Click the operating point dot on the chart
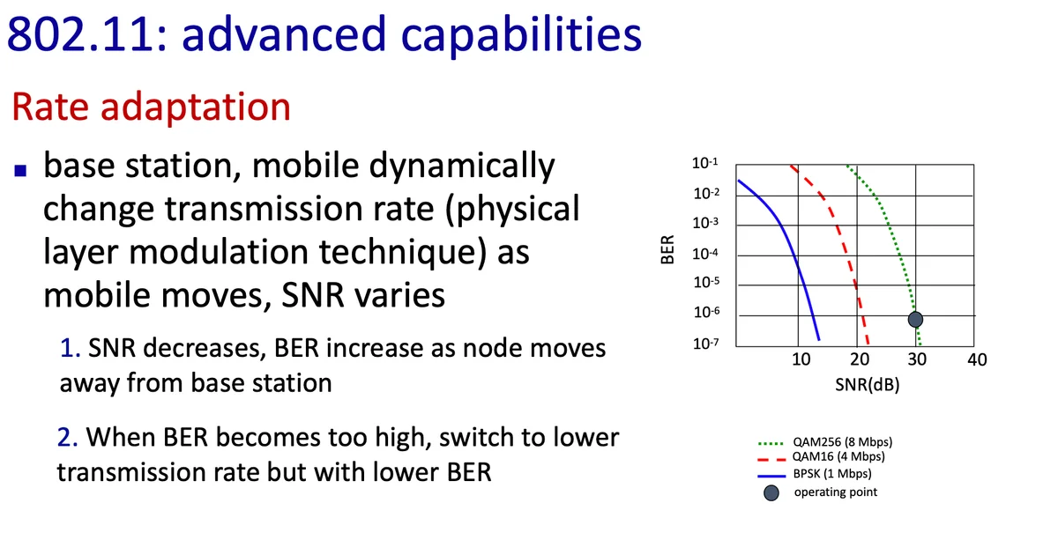coord(915,320)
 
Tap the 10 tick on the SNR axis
coord(801,359)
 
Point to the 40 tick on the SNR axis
coord(977,359)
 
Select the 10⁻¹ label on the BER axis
coord(705,163)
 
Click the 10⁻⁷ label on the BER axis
coord(706,343)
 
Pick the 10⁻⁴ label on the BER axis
coord(705,254)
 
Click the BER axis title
coord(667,249)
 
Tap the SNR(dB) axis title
coord(868,385)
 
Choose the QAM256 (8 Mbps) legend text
coord(843,442)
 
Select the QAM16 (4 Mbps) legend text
coord(838,457)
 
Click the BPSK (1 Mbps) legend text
coord(832,473)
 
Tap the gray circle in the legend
coord(771,493)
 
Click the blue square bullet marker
coord(20,170)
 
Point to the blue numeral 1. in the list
coord(70,348)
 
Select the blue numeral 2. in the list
coord(68,437)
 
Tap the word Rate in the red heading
coord(50,107)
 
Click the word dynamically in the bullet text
coord(461,167)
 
